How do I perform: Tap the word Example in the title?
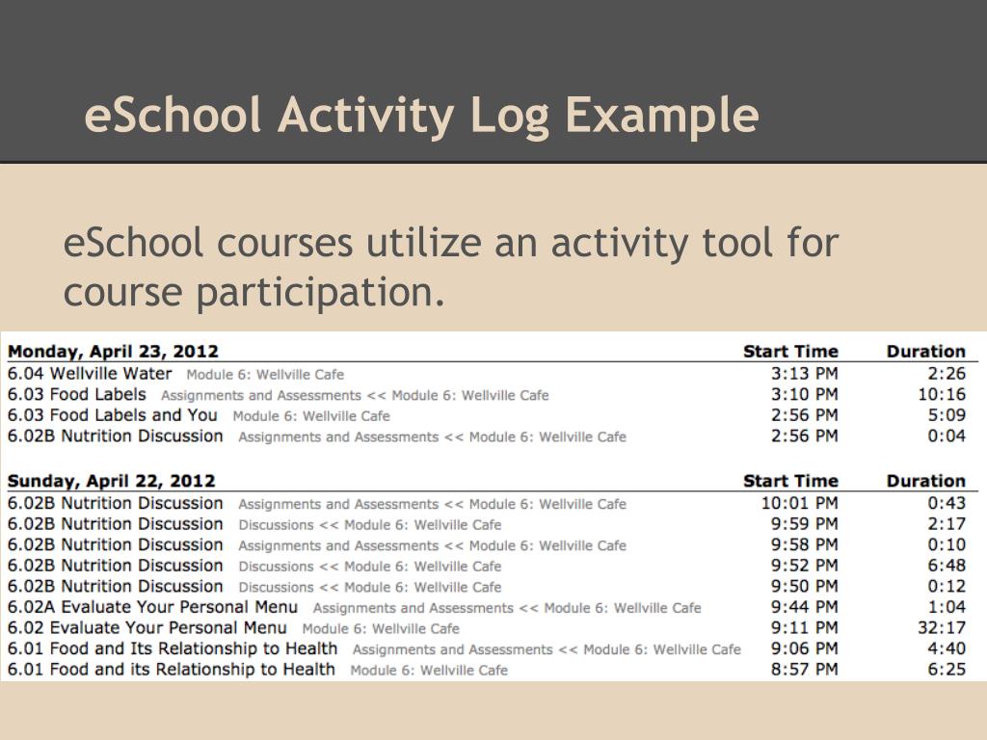tap(661, 117)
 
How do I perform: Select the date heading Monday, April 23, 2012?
tap(113, 352)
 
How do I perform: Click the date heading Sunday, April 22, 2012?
tap(112, 481)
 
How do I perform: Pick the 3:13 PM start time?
tap(805, 374)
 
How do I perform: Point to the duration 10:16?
tap(942, 394)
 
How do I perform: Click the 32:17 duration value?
tap(942, 627)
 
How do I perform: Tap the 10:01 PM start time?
tap(799, 503)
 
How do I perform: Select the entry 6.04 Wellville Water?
tap(90, 374)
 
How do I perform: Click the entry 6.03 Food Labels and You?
tap(113, 415)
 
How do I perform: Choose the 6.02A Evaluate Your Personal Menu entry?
tap(152, 607)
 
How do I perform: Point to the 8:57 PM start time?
tap(805, 669)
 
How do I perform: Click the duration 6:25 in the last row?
tap(947, 669)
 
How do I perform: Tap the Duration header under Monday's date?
tap(925, 352)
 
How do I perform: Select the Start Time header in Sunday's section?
tap(790, 481)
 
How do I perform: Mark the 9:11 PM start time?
tap(805, 627)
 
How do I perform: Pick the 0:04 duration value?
tap(947, 436)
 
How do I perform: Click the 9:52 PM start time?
tap(805, 566)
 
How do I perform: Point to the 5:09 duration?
tap(947, 415)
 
